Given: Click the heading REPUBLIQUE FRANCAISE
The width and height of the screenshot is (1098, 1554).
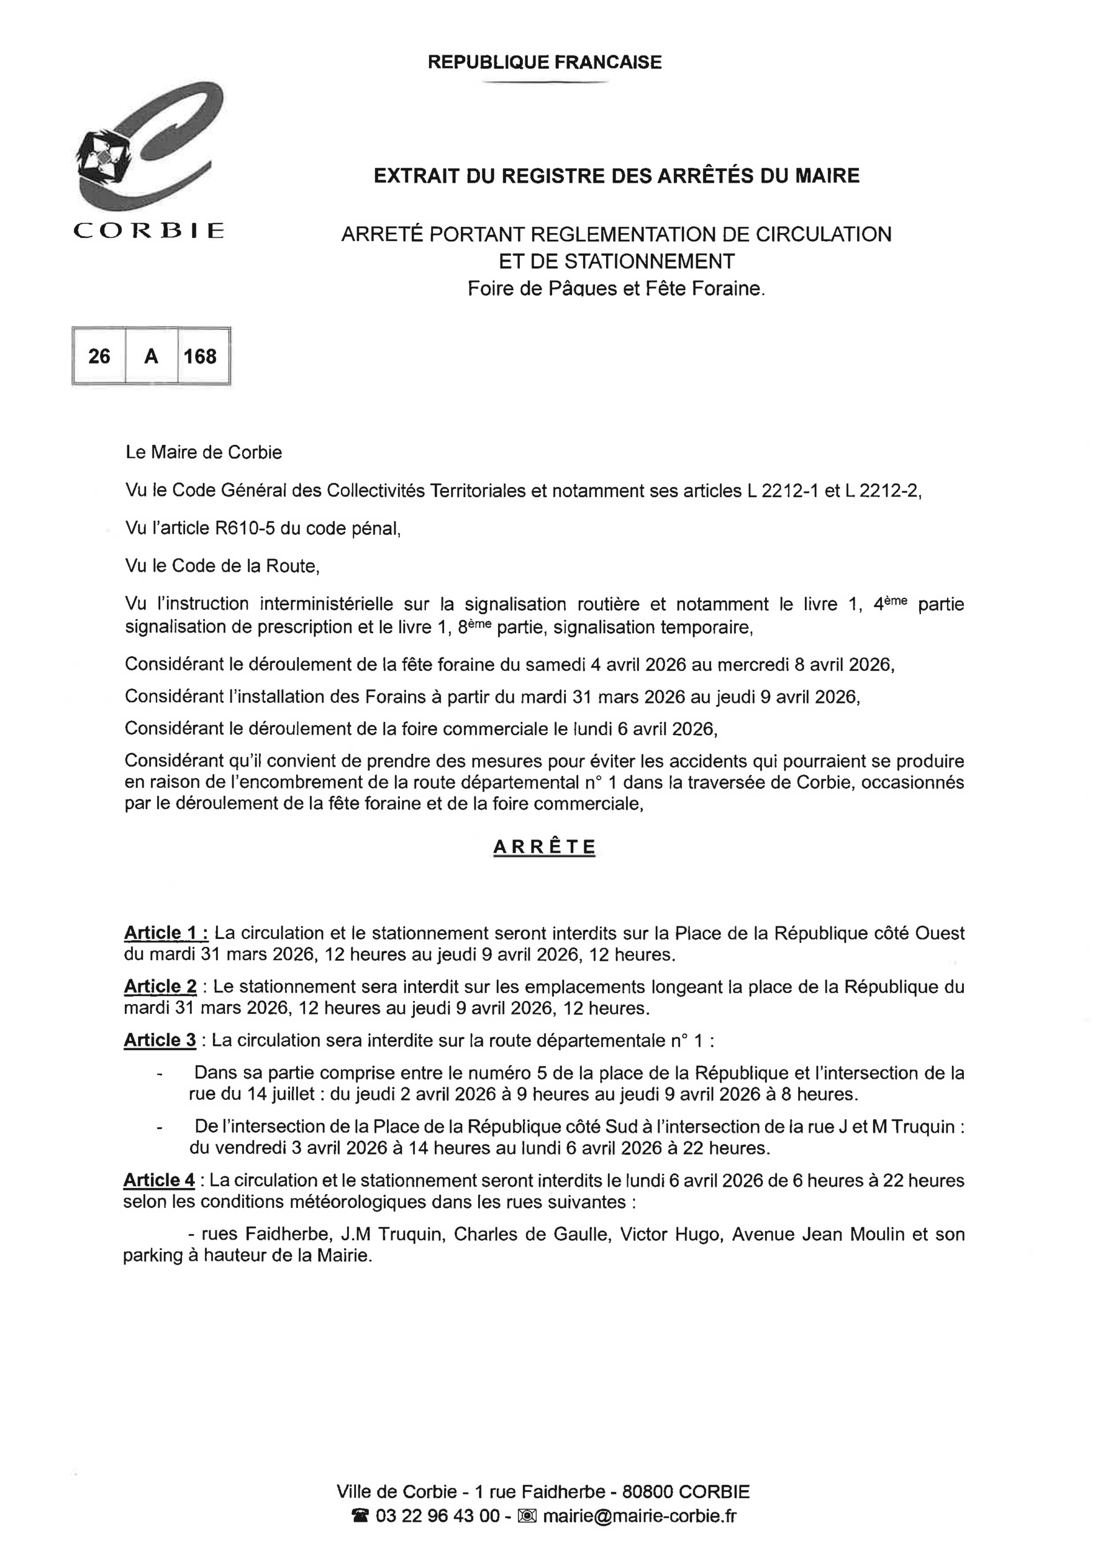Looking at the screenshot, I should pyautogui.click(x=545, y=63).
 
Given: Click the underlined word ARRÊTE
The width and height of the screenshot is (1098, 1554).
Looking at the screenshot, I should pyautogui.click(x=545, y=847).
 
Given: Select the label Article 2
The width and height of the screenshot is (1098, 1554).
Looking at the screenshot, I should pyautogui.click(x=160, y=986).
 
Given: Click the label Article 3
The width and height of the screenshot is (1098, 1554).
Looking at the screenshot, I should pyautogui.click(x=160, y=1040).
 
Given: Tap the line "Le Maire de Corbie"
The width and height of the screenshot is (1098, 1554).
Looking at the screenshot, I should pyautogui.click(x=204, y=452).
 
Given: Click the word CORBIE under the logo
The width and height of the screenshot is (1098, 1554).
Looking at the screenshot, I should pyautogui.click(x=149, y=231).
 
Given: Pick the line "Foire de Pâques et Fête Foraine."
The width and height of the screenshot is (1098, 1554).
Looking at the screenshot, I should pyautogui.click(x=616, y=289).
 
